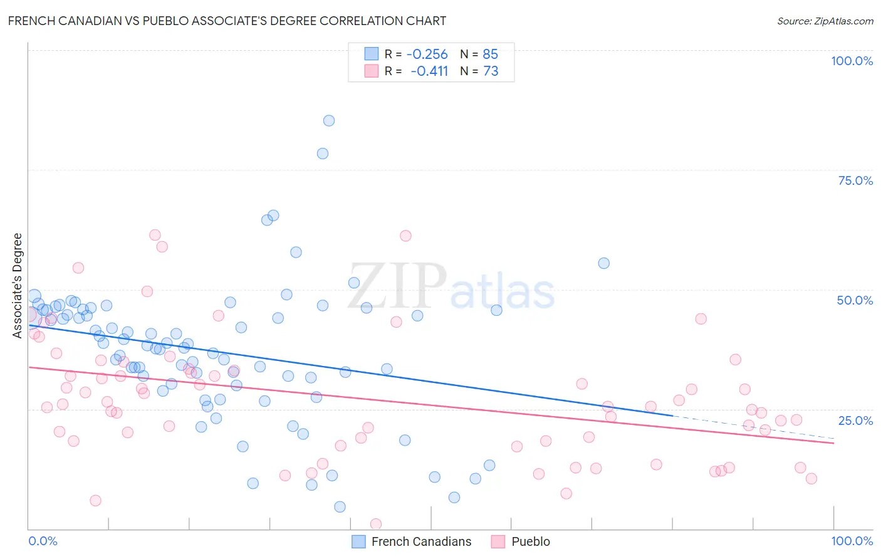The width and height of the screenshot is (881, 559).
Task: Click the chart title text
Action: coord(227,21)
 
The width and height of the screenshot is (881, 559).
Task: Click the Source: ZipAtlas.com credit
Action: coord(825,21)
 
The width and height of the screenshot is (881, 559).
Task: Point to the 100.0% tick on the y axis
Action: coord(852,61)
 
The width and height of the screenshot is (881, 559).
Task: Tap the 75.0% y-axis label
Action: coord(855,180)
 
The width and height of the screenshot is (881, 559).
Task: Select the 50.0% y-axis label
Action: coord(855,300)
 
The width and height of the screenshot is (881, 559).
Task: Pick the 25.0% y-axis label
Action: coord(855,421)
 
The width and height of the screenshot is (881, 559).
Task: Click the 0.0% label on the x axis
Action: coord(43,541)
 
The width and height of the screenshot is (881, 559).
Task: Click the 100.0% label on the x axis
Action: coord(852,541)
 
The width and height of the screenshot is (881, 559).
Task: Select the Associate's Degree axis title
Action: coord(18,286)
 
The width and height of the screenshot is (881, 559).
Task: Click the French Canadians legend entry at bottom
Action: coord(421,541)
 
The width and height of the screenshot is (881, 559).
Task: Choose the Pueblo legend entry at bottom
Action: coord(530,541)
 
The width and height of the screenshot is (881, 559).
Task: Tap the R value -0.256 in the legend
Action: coord(427,55)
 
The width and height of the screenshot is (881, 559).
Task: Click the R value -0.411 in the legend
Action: coord(429,71)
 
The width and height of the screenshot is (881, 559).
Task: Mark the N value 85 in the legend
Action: coord(490,55)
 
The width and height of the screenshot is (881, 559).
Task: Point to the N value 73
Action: coord(491,71)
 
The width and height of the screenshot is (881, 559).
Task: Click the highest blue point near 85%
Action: coord(329,121)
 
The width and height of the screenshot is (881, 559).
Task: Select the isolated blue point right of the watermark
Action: coord(603,263)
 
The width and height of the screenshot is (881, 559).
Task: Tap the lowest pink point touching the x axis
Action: coord(376,524)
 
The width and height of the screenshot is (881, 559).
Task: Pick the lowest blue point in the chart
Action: coord(340,507)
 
